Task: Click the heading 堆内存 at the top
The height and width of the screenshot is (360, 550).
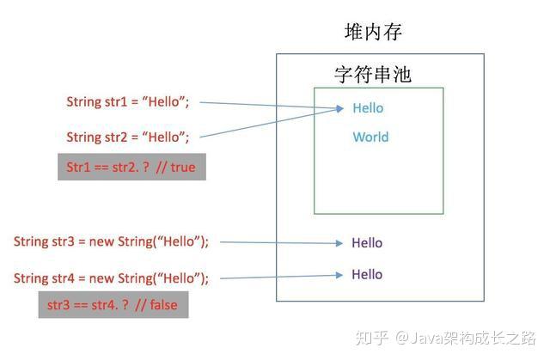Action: pos(373,32)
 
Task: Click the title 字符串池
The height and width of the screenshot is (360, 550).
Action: pos(372,74)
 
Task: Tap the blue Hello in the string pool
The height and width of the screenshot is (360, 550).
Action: pos(368,108)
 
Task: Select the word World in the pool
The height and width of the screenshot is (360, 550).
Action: pos(370,137)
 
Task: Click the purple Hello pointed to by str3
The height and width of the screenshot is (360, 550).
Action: pos(367,242)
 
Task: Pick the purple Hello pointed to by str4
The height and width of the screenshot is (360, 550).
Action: pos(367,274)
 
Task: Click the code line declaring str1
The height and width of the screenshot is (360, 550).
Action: pos(128,101)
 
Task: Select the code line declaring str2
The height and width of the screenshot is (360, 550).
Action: pos(128,137)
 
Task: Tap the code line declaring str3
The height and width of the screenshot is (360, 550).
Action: pos(111,241)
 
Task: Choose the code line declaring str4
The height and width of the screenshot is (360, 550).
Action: pos(111,278)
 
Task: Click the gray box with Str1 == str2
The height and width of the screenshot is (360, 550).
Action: pos(131,167)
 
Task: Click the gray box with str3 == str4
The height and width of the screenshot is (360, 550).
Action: pos(113,305)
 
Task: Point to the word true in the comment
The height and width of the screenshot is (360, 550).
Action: pos(183,168)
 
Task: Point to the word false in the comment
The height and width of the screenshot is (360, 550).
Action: pos(164,305)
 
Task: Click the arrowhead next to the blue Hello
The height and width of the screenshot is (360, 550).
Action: pos(339,108)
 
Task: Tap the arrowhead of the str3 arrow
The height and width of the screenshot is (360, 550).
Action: pos(339,243)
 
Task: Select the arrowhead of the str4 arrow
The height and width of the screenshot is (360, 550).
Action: pos(339,275)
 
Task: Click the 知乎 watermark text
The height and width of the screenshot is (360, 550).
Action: pos(372,338)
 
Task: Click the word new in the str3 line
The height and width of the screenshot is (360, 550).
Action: pos(101,242)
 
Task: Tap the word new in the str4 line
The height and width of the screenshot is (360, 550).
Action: pos(101,278)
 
